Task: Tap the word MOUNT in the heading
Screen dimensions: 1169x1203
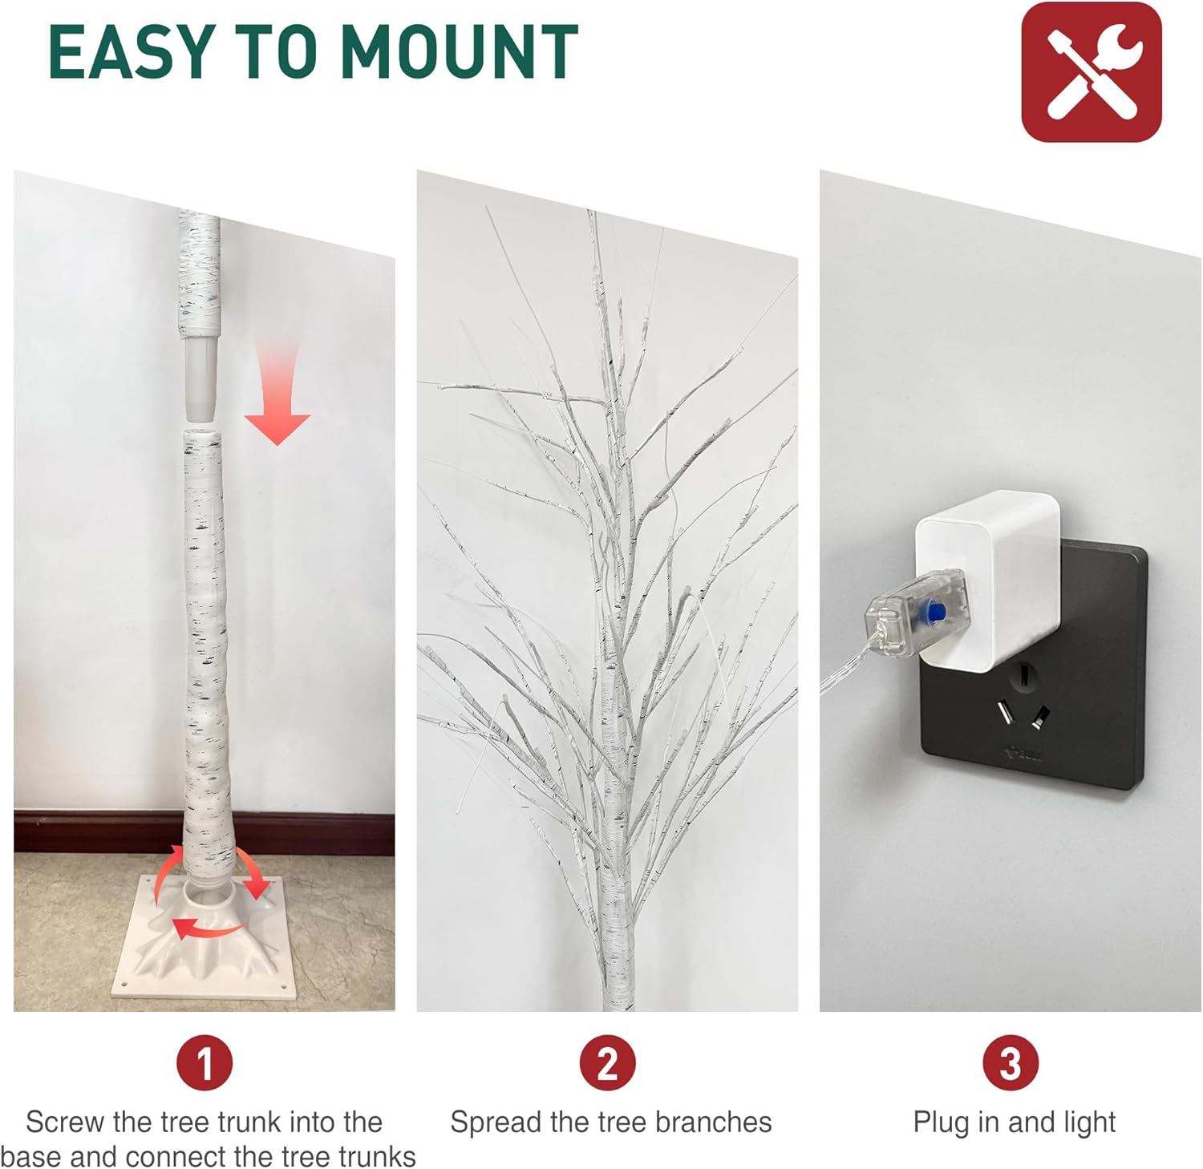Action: coord(460,52)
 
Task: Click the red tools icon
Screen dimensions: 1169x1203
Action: coord(1091,72)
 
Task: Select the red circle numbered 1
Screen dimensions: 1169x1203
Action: coord(205,1063)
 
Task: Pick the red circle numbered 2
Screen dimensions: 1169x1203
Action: coord(607,1063)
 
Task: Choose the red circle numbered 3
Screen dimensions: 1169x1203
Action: coord(1010,1063)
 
